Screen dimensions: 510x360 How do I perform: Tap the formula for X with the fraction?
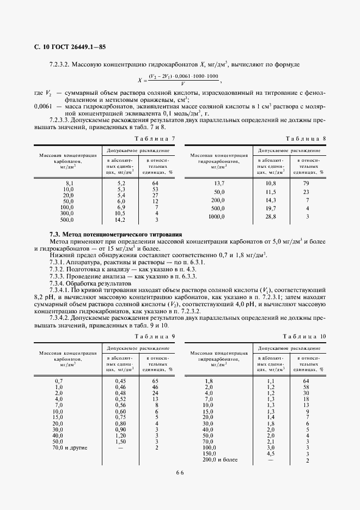pos(180,80)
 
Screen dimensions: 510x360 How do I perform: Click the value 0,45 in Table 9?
pos(120,380)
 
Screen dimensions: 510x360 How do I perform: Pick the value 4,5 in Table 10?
pos(270,454)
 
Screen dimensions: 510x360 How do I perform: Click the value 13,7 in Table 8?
pos(219,184)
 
